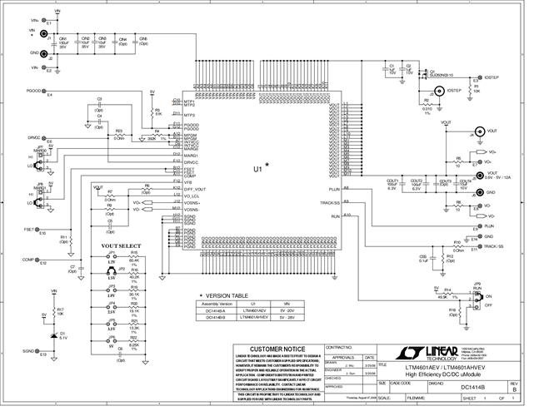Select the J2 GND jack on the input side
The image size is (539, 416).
(x=42, y=53)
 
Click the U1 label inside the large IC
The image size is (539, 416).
(x=259, y=167)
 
